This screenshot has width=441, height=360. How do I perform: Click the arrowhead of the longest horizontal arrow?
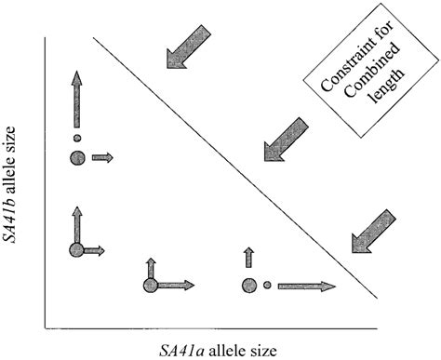click(x=333, y=285)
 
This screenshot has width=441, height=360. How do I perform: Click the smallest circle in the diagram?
click(x=267, y=285)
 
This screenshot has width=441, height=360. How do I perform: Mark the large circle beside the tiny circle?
click(x=247, y=285)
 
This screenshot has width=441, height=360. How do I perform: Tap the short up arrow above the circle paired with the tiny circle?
click(x=247, y=259)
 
